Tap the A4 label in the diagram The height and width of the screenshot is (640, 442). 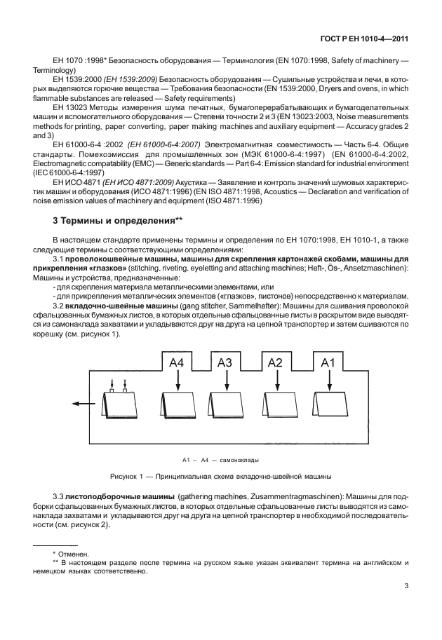point(178,362)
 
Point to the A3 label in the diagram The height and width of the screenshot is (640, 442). point(225,362)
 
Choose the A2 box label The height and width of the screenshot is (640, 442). point(276,362)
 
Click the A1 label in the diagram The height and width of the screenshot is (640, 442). point(328,362)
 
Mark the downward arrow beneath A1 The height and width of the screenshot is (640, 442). point(328,381)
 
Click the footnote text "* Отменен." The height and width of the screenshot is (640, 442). point(60,553)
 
